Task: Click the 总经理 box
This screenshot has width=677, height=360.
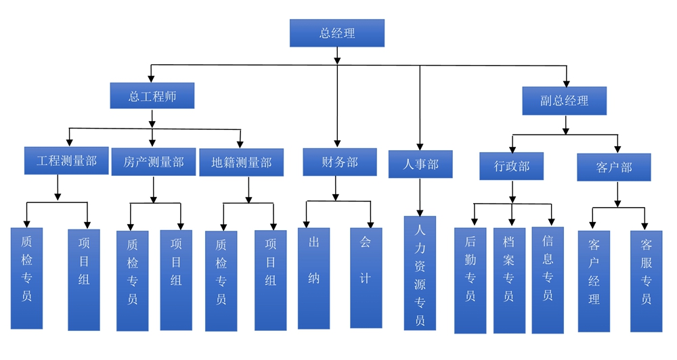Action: click(336, 33)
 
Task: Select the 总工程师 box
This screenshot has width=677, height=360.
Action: click(152, 96)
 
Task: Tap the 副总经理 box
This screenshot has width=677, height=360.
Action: click(564, 101)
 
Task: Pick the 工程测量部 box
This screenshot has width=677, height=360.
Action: click(66, 161)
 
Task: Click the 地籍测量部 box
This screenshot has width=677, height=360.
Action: click(241, 162)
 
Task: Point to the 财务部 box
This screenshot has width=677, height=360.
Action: click(339, 162)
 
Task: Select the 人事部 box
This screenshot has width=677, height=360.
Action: click(420, 164)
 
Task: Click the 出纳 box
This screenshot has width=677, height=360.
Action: click(313, 277)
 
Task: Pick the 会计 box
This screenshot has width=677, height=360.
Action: click(366, 277)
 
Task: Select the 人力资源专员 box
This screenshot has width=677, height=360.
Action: click(420, 273)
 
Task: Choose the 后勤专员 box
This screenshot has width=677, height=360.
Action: click(470, 280)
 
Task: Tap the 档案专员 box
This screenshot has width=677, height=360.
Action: click(509, 280)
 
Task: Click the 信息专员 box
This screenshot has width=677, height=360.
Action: click(548, 280)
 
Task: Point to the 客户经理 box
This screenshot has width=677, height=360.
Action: click(594, 281)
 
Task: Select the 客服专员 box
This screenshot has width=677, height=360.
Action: click(646, 281)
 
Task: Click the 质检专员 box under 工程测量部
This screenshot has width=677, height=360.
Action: click(26, 278)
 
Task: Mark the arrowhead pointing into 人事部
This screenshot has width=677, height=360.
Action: click(420, 146)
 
